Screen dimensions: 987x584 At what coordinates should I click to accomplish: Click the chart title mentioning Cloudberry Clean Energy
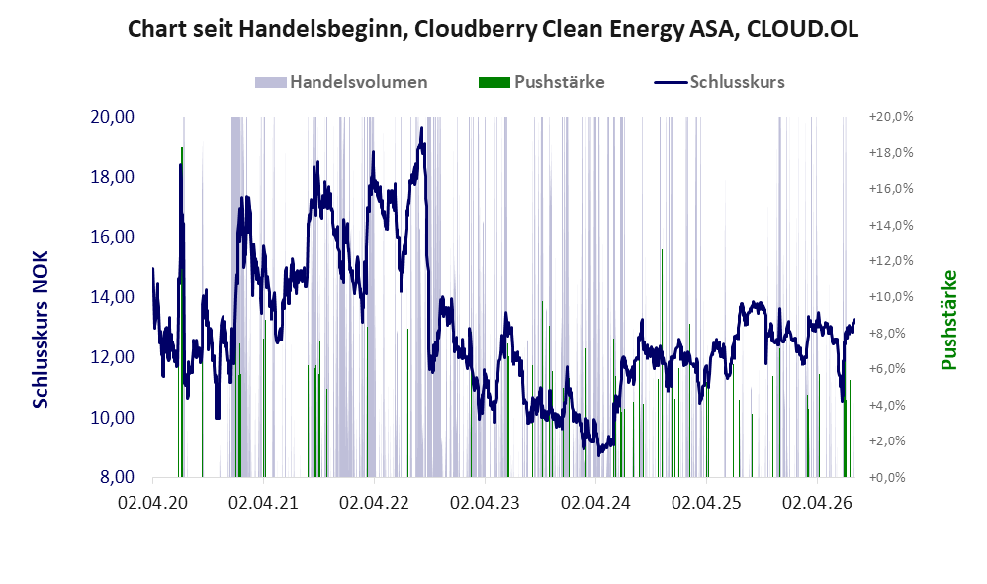(x=493, y=29)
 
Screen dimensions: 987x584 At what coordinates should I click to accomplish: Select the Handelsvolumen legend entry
(x=341, y=82)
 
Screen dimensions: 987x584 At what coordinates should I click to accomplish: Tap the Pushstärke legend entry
(x=541, y=82)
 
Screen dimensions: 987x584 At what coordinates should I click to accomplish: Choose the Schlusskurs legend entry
(x=719, y=82)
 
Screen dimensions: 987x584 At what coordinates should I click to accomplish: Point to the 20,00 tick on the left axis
(x=113, y=117)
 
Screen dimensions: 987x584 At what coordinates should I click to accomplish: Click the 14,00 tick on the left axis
(x=113, y=297)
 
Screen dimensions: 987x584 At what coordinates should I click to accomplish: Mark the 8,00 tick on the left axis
(x=117, y=477)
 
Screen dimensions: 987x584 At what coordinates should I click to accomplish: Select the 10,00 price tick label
(x=113, y=417)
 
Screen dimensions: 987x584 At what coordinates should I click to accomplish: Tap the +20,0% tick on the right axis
(x=891, y=117)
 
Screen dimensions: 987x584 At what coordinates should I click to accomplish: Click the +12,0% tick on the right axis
(x=891, y=260)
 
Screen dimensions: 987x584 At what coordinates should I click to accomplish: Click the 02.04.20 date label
(x=152, y=503)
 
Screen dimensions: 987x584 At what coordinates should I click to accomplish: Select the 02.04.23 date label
(x=485, y=503)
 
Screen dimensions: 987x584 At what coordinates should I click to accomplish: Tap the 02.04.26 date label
(x=817, y=503)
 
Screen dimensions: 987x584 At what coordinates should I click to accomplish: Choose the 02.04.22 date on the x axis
(x=374, y=503)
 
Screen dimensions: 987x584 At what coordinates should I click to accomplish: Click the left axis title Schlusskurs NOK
(x=41, y=330)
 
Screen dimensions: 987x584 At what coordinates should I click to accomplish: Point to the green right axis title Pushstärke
(x=948, y=320)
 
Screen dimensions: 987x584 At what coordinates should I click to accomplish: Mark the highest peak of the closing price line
(x=421, y=128)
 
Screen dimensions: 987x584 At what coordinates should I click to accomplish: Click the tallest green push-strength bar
(x=182, y=313)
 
